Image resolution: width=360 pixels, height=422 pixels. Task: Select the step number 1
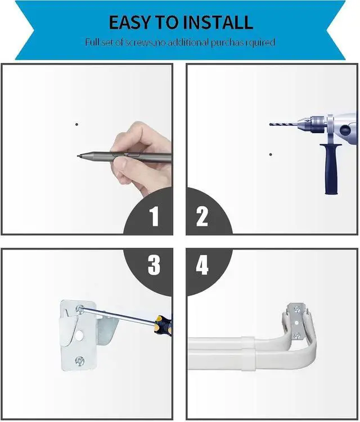point(154,216)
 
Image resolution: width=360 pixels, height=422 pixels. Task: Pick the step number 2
point(202,216)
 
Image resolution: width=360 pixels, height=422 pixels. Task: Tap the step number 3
point(154,265)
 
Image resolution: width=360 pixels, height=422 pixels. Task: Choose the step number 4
point(202,265)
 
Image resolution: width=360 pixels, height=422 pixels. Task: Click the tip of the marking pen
point(78,156)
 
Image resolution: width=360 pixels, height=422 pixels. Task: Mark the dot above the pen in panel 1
point(77,124)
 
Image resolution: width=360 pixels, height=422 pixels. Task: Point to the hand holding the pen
point(140,159)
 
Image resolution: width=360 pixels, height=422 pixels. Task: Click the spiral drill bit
point(283,124)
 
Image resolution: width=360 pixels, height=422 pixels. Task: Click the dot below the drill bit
point(271,155)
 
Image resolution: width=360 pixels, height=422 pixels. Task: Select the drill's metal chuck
point(313,124)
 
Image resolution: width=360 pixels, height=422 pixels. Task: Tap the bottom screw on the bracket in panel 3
point(80,361)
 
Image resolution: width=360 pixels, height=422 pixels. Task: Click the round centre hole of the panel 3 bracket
point(79,335)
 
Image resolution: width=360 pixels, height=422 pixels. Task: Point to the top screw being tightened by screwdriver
point(80,309)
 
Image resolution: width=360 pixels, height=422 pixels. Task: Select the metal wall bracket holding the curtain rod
point(297,321)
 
